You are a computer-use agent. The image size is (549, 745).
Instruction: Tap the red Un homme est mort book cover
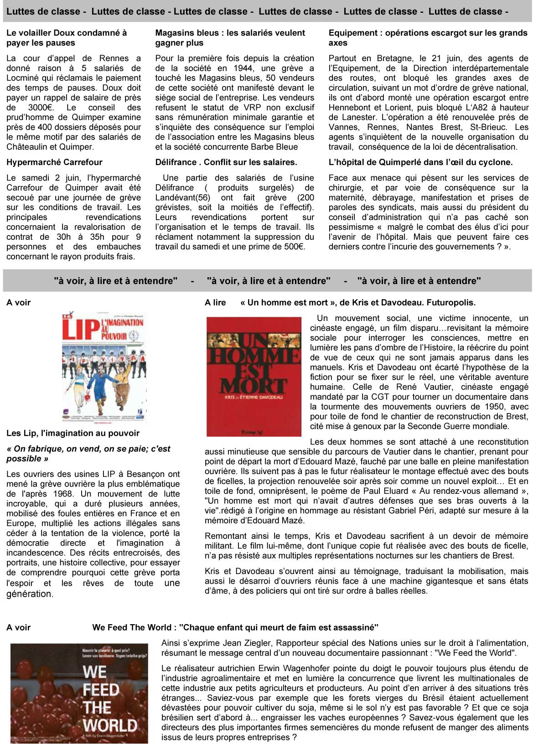(254, 377)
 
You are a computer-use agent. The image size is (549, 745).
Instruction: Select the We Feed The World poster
(79, 693)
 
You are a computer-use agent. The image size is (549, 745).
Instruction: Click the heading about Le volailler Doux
(67, 38)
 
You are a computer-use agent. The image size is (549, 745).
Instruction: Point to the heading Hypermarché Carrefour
(54, 162)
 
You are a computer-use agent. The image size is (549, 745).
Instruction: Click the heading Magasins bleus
(230, 38)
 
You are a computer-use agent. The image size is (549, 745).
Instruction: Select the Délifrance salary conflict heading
(226, 162)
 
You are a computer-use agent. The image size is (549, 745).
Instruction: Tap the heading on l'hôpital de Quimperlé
(420, 162)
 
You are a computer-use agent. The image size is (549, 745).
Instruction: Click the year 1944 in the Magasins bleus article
(243, 68)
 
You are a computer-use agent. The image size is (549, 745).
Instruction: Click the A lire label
(215, 303)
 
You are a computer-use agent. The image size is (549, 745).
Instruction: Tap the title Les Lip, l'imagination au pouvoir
(73, 433)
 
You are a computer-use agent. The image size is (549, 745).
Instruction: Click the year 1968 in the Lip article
(62, 494)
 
